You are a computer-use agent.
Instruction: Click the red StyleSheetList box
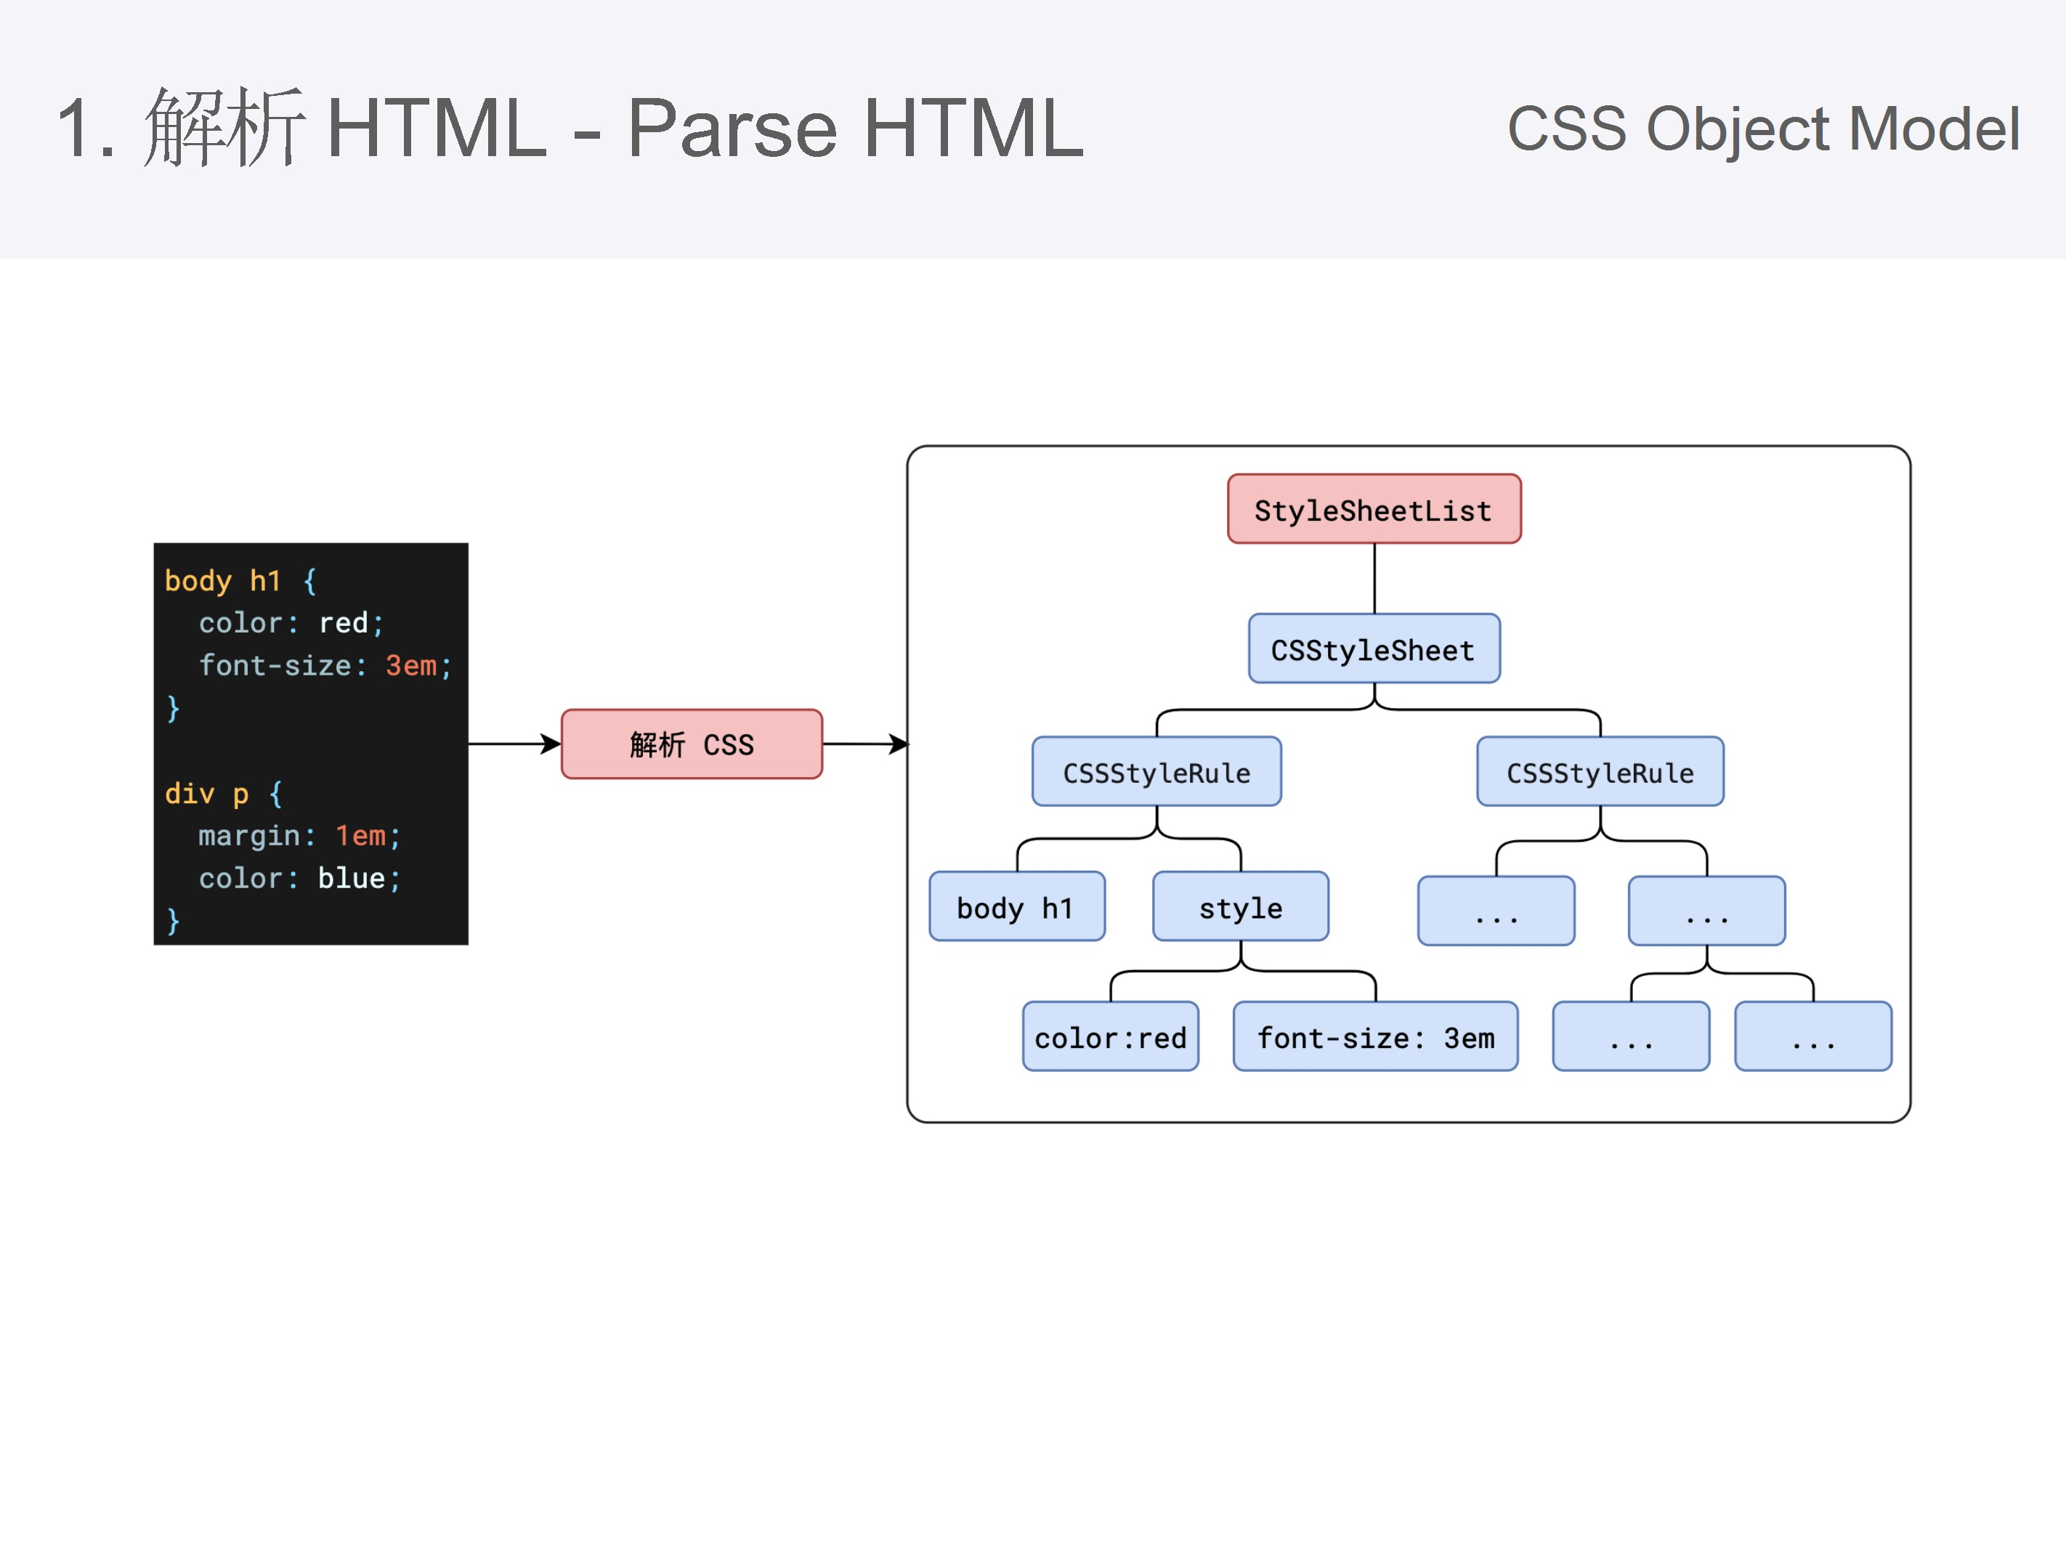coord(1373,509)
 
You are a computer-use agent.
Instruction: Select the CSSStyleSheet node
coord(1373,649)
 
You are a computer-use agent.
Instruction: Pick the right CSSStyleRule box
coord(1599,772)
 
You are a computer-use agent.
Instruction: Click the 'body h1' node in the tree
coord(1016,906)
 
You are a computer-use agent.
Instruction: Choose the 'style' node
coord(1239,906)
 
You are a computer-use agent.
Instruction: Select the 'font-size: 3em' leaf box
coord(1375,1036)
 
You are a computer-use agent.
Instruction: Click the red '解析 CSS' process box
coord(691,744)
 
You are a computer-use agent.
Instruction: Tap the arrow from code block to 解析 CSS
coord(514,744)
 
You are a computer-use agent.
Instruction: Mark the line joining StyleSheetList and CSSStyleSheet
coord(1374,578)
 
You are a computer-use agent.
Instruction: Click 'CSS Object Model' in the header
coord(1762,128)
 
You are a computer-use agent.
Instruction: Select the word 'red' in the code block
coord(343,623)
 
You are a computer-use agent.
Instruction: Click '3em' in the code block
coord(411,666)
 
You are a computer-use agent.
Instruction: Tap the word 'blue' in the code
coord(351,878)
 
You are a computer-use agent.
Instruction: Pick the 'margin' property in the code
coord(248,836)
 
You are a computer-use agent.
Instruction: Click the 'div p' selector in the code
coord(206,794)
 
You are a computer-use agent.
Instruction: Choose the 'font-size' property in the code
coord(275,666)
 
